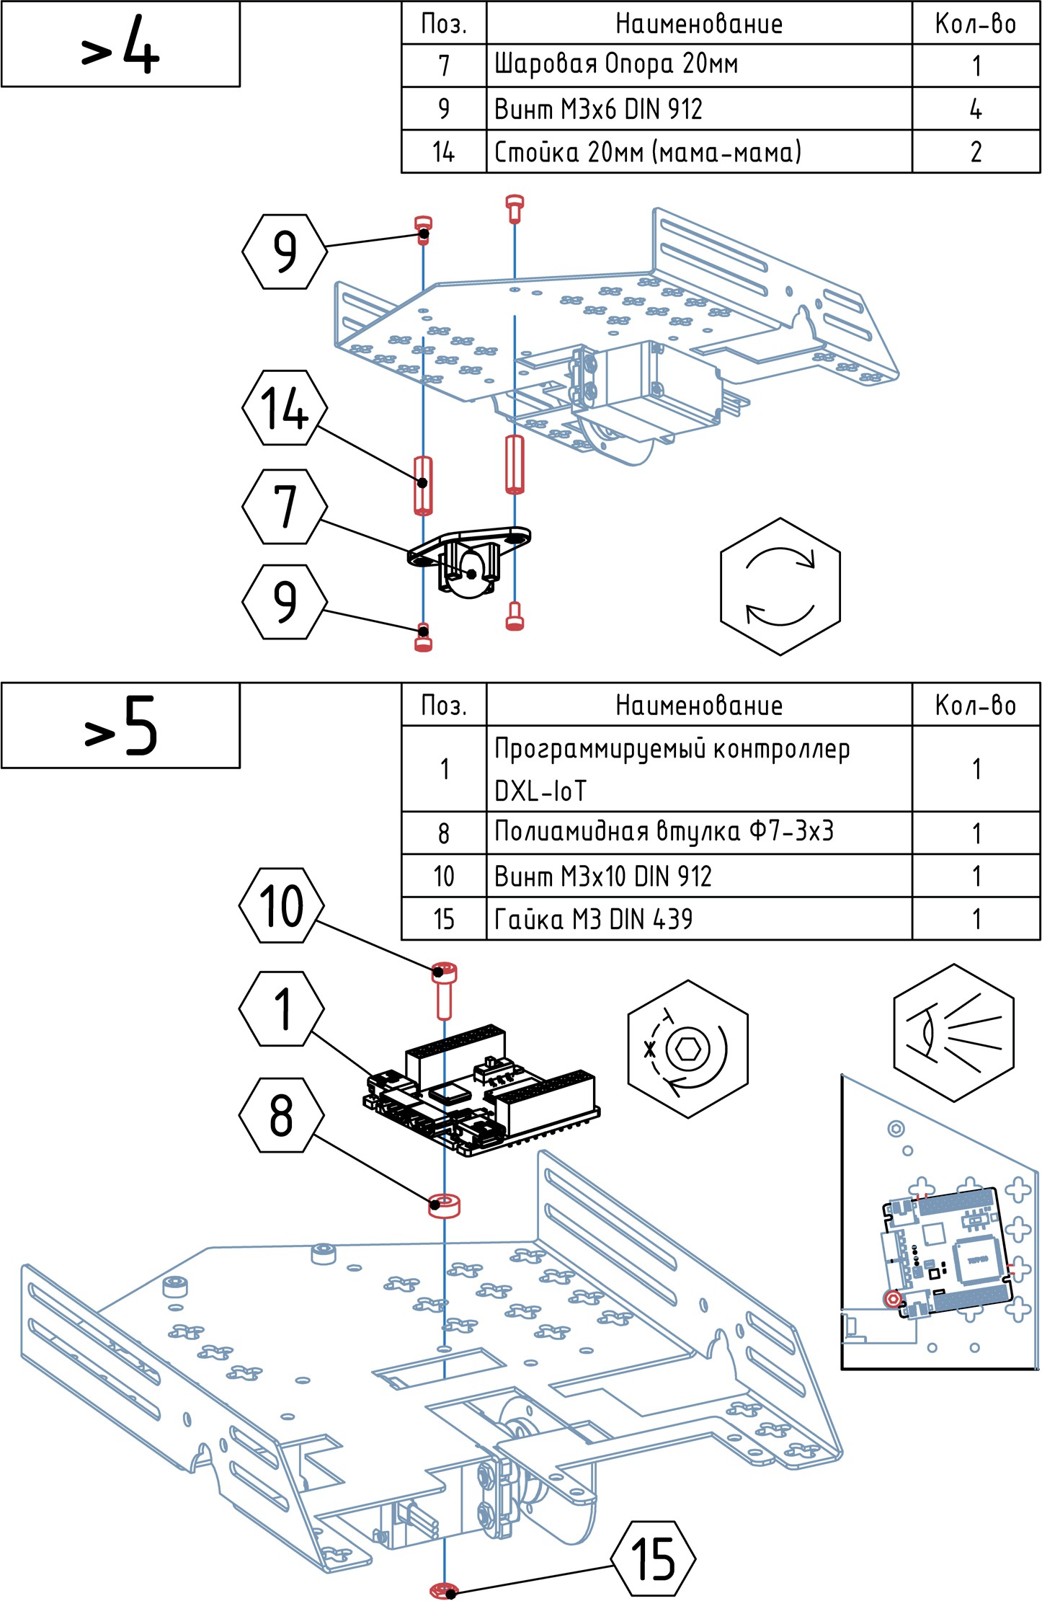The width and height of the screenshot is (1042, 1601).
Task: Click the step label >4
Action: (120, 45)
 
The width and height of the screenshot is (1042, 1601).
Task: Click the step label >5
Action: (120, 726)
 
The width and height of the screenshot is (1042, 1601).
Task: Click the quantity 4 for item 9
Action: (976, 109)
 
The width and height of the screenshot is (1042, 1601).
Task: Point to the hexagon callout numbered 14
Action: (285, 408)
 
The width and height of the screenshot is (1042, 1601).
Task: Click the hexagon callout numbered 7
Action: (285, 506)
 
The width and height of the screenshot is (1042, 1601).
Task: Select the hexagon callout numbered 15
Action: (653, 1559)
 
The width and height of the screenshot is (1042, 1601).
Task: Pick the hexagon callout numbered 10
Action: (282, 905)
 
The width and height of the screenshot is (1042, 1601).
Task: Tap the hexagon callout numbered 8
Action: (282, 1115)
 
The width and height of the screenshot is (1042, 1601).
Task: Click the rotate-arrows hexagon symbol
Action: (780, 586)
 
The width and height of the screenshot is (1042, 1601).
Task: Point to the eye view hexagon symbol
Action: (953, 1032)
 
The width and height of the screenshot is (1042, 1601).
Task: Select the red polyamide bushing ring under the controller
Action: (444, 1205)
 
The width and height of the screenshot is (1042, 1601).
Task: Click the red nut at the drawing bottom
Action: (444, 1589)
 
